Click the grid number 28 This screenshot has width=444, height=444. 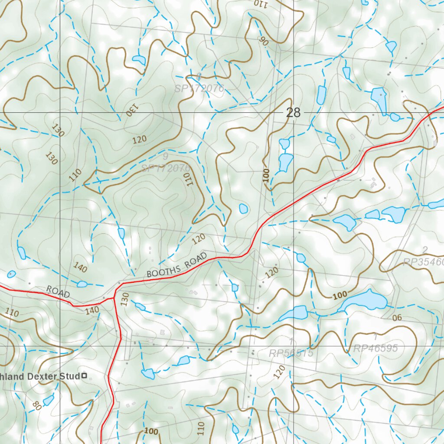point(293,113)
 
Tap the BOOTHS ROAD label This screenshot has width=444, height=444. point(176,265)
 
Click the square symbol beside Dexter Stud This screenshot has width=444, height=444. point(84,376)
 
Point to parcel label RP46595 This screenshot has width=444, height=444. point(375,349)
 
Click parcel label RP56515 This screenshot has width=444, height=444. point(291,353)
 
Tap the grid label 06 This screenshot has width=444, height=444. point(397,318)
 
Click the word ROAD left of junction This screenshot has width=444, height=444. point(58,292)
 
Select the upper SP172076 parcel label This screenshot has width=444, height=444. point(199,89)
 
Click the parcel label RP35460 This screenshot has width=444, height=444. point(423,262)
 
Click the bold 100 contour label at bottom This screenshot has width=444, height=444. point(151,431)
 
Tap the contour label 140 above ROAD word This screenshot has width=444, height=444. point(80,267)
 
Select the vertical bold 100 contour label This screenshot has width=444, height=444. point(266,176)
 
